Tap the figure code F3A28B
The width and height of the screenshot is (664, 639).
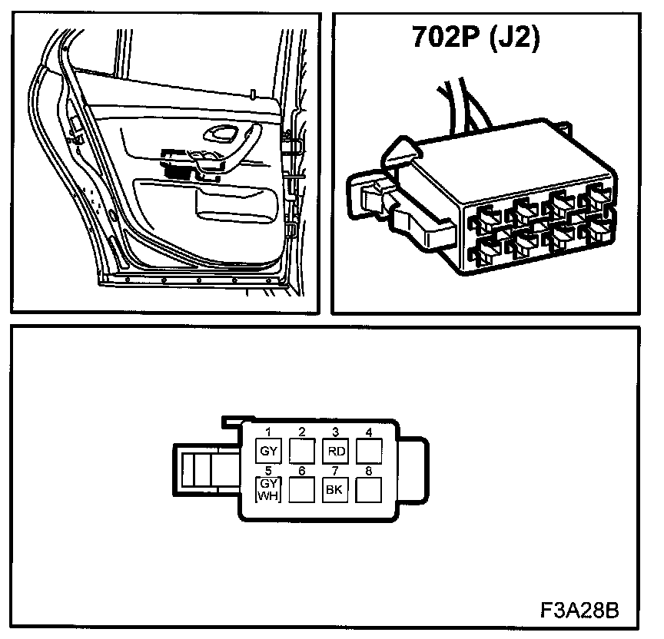tap(579, 611)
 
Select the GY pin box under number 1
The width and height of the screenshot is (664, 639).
tap(268, 451)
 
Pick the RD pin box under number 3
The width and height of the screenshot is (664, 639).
tap(335, 451)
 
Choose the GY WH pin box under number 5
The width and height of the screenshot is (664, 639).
tap(268, 489)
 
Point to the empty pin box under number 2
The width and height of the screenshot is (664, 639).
tap(302, 451)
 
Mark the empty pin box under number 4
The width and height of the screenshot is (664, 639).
tap(369, 451)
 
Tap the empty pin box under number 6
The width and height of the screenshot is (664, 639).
tap(302, 489)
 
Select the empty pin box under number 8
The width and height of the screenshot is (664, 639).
tap(369, 489)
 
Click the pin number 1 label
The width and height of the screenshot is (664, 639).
tap(268, 432)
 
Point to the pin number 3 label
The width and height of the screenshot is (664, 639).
tap(335, 432)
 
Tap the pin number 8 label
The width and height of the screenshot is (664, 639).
tap(369, 470)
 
